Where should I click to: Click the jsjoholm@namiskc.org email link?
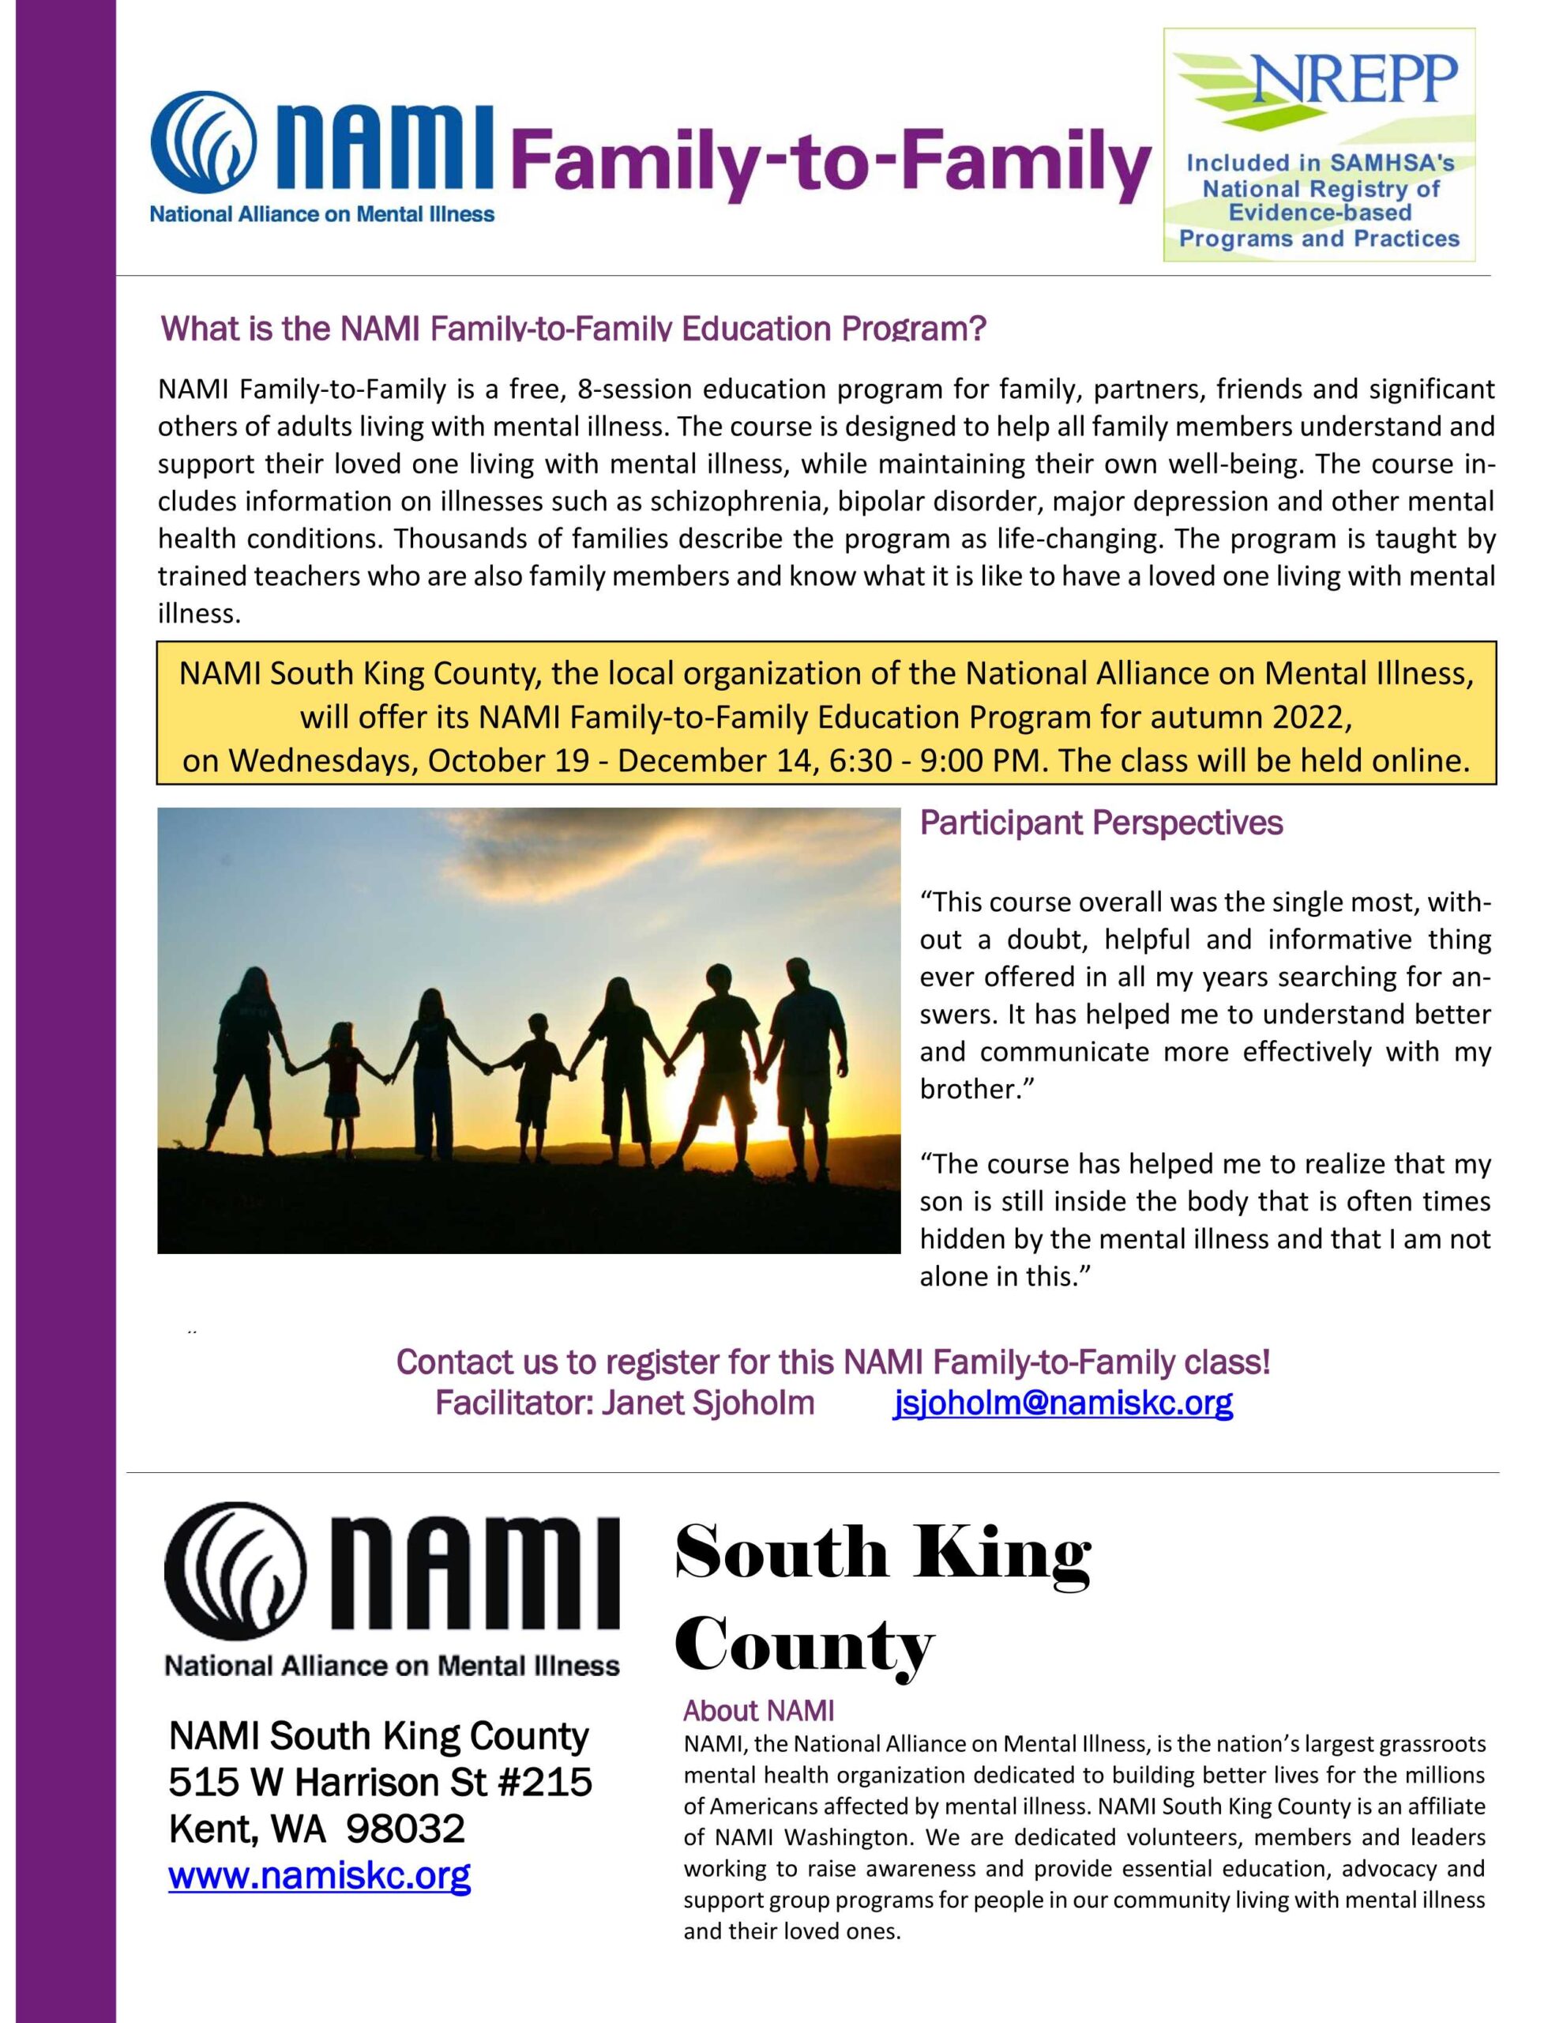click(x=1062, y=1404)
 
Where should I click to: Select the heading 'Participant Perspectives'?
click(x=1101, y=823)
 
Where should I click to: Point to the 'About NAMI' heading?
click(x=758, y=1710)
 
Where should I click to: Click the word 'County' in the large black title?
click(x=805, y=1646)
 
